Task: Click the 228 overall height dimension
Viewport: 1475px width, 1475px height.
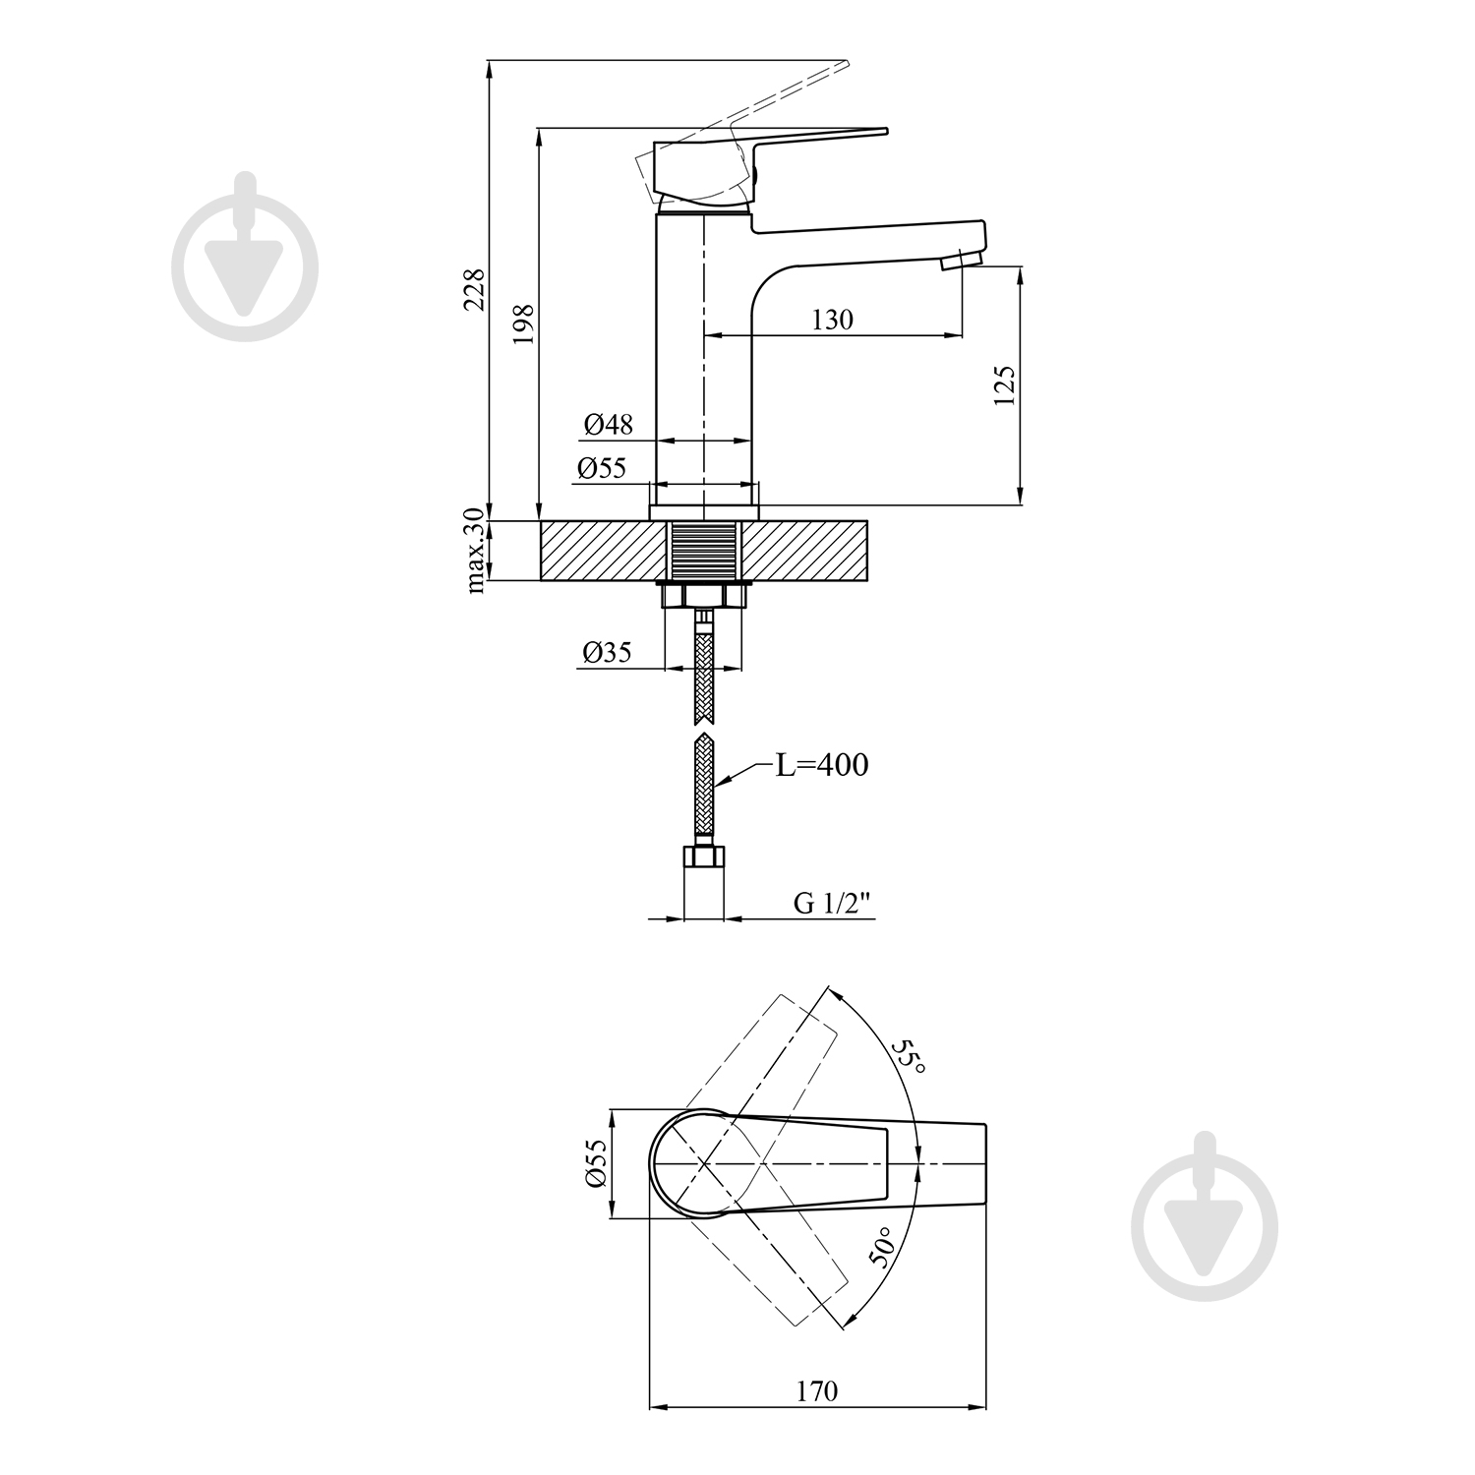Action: [474, 289]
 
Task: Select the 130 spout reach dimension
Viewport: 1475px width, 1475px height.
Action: [833, 320]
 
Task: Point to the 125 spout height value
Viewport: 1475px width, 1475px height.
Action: [1004, 385]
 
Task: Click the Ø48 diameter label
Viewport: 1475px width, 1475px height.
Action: [608, 425]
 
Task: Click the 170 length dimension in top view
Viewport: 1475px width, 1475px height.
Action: [817, 1391]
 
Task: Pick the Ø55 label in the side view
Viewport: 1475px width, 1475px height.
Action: [602, 468]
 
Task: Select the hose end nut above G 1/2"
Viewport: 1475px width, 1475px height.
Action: [703, 858]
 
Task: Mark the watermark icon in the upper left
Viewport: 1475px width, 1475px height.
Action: [245, 258]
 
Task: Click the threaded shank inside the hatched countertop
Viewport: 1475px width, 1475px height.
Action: [703, 551]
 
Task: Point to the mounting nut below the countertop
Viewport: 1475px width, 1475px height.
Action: [703, 596]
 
